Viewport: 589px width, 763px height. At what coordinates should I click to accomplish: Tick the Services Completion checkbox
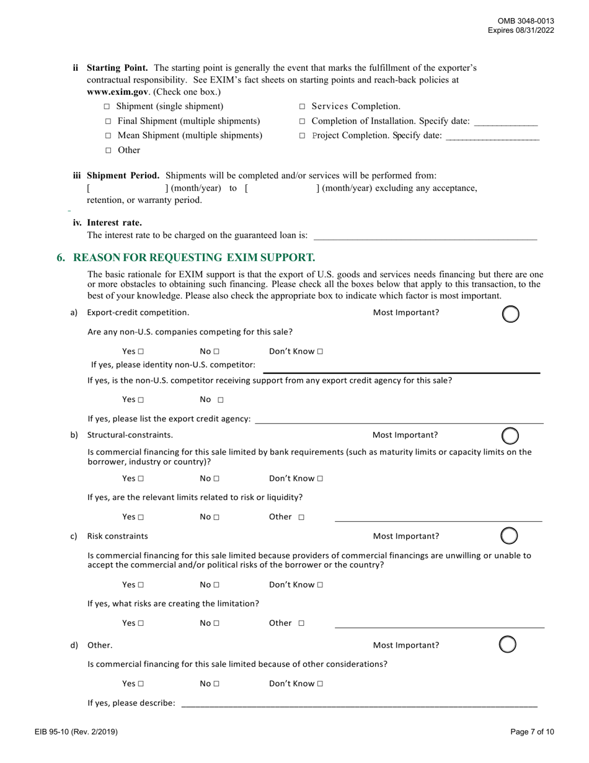303,107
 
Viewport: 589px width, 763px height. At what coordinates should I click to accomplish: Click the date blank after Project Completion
492,136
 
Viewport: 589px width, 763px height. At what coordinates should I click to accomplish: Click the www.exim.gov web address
117,92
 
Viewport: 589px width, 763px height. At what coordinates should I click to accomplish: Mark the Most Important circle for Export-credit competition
510,314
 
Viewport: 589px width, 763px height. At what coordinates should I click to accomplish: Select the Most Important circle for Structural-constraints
510,435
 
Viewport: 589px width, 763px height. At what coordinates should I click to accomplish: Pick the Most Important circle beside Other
508,645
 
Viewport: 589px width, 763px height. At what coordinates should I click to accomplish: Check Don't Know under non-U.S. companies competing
320,352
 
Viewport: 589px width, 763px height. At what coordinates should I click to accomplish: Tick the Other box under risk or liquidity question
301,517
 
